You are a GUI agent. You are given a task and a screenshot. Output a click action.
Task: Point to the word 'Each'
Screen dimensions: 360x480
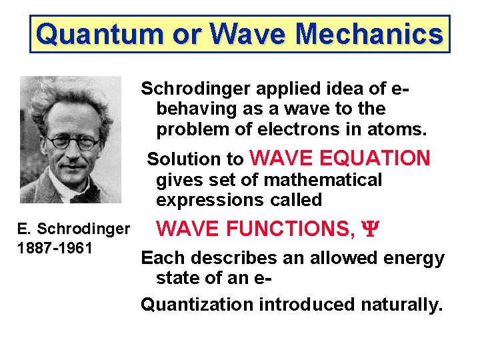coord(160,258)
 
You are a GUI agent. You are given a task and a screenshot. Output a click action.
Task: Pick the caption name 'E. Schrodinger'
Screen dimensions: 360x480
coord(73,229)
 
